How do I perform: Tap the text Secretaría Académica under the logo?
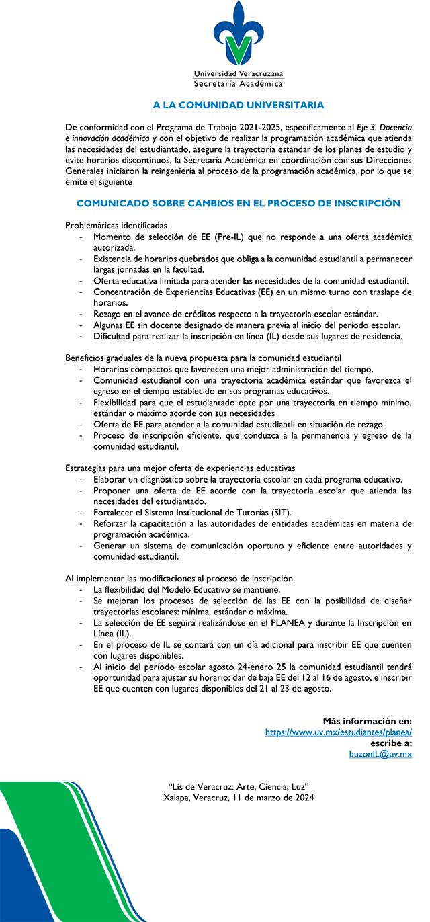click(238, 84)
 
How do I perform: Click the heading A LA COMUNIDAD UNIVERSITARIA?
click(238, 106)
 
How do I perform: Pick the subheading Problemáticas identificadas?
click(116, 225)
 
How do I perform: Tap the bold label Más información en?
click(367, 721)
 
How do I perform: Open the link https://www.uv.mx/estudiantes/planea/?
click(338, 732)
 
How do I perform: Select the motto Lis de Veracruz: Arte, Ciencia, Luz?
click(238, 787)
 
